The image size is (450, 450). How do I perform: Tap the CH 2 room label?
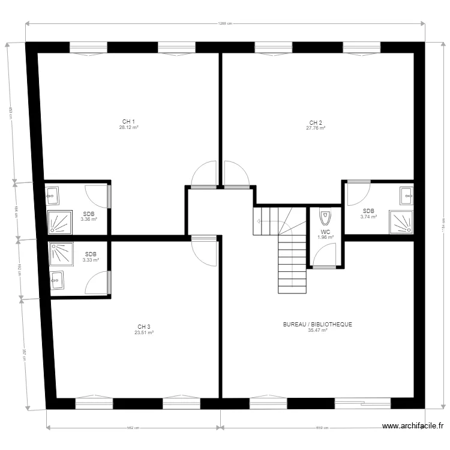pos(316,122)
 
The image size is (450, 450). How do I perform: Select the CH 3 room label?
pos(144,326)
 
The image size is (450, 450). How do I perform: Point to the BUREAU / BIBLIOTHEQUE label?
pos(317,325)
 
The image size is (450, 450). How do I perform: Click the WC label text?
pos(325,232)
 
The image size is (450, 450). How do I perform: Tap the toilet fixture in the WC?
pos(325,216)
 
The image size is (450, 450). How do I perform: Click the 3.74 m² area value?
pos(368,217)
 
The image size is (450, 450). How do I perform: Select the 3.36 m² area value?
pos(89,220)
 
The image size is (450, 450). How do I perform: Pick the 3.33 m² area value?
pos(91,260)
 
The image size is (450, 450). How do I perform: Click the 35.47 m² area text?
pos(317,330)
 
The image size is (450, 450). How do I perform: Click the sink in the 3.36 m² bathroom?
pos(53,194)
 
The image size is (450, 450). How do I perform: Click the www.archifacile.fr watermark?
pos(413,427)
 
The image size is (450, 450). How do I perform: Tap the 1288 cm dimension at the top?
pos(224,23)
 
